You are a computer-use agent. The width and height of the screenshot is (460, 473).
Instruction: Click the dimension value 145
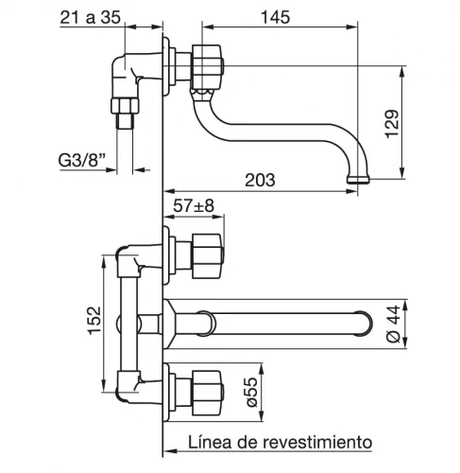click(x=275, y=17)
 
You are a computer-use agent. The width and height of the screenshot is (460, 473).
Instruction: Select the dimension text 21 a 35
click(x=91, y=17)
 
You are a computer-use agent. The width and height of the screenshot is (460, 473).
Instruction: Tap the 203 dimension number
click(x=260, y=180)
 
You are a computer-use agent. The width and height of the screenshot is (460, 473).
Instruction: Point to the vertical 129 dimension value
click(x=392, y=124)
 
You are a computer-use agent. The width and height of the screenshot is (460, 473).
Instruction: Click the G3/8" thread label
click(x=81, y=160)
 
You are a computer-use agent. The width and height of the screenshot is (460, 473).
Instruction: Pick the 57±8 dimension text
click(x=194, y=206)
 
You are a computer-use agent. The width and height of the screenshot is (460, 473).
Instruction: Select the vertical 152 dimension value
click(x=94, y=321)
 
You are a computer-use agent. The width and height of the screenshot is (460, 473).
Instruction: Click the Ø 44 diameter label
click(x=394, y=324)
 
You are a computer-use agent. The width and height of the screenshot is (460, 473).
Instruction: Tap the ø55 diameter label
click(x=251, y=392)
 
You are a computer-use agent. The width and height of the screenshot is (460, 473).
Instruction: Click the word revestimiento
click(x=317, y=442)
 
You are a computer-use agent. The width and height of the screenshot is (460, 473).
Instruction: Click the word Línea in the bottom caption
click(x=211, y=442)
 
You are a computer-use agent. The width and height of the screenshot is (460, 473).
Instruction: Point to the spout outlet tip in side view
click(x=358, y=180)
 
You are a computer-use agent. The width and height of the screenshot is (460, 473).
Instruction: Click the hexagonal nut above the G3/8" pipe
click(x=125, y=106)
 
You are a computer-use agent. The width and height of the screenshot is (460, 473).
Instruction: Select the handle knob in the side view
click(x=207, y=67)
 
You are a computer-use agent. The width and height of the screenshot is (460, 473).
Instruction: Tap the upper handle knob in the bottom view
click(x=208, y=256)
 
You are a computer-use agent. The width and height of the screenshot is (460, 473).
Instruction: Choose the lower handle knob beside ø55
click(x=208, y=393)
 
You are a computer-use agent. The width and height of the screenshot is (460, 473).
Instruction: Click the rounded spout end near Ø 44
click(x=364, y=324)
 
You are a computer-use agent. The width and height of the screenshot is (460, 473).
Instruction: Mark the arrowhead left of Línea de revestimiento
click(x=170, y=451)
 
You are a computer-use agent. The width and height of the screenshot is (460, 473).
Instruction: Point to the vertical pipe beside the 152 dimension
click(x=128, y=324)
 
